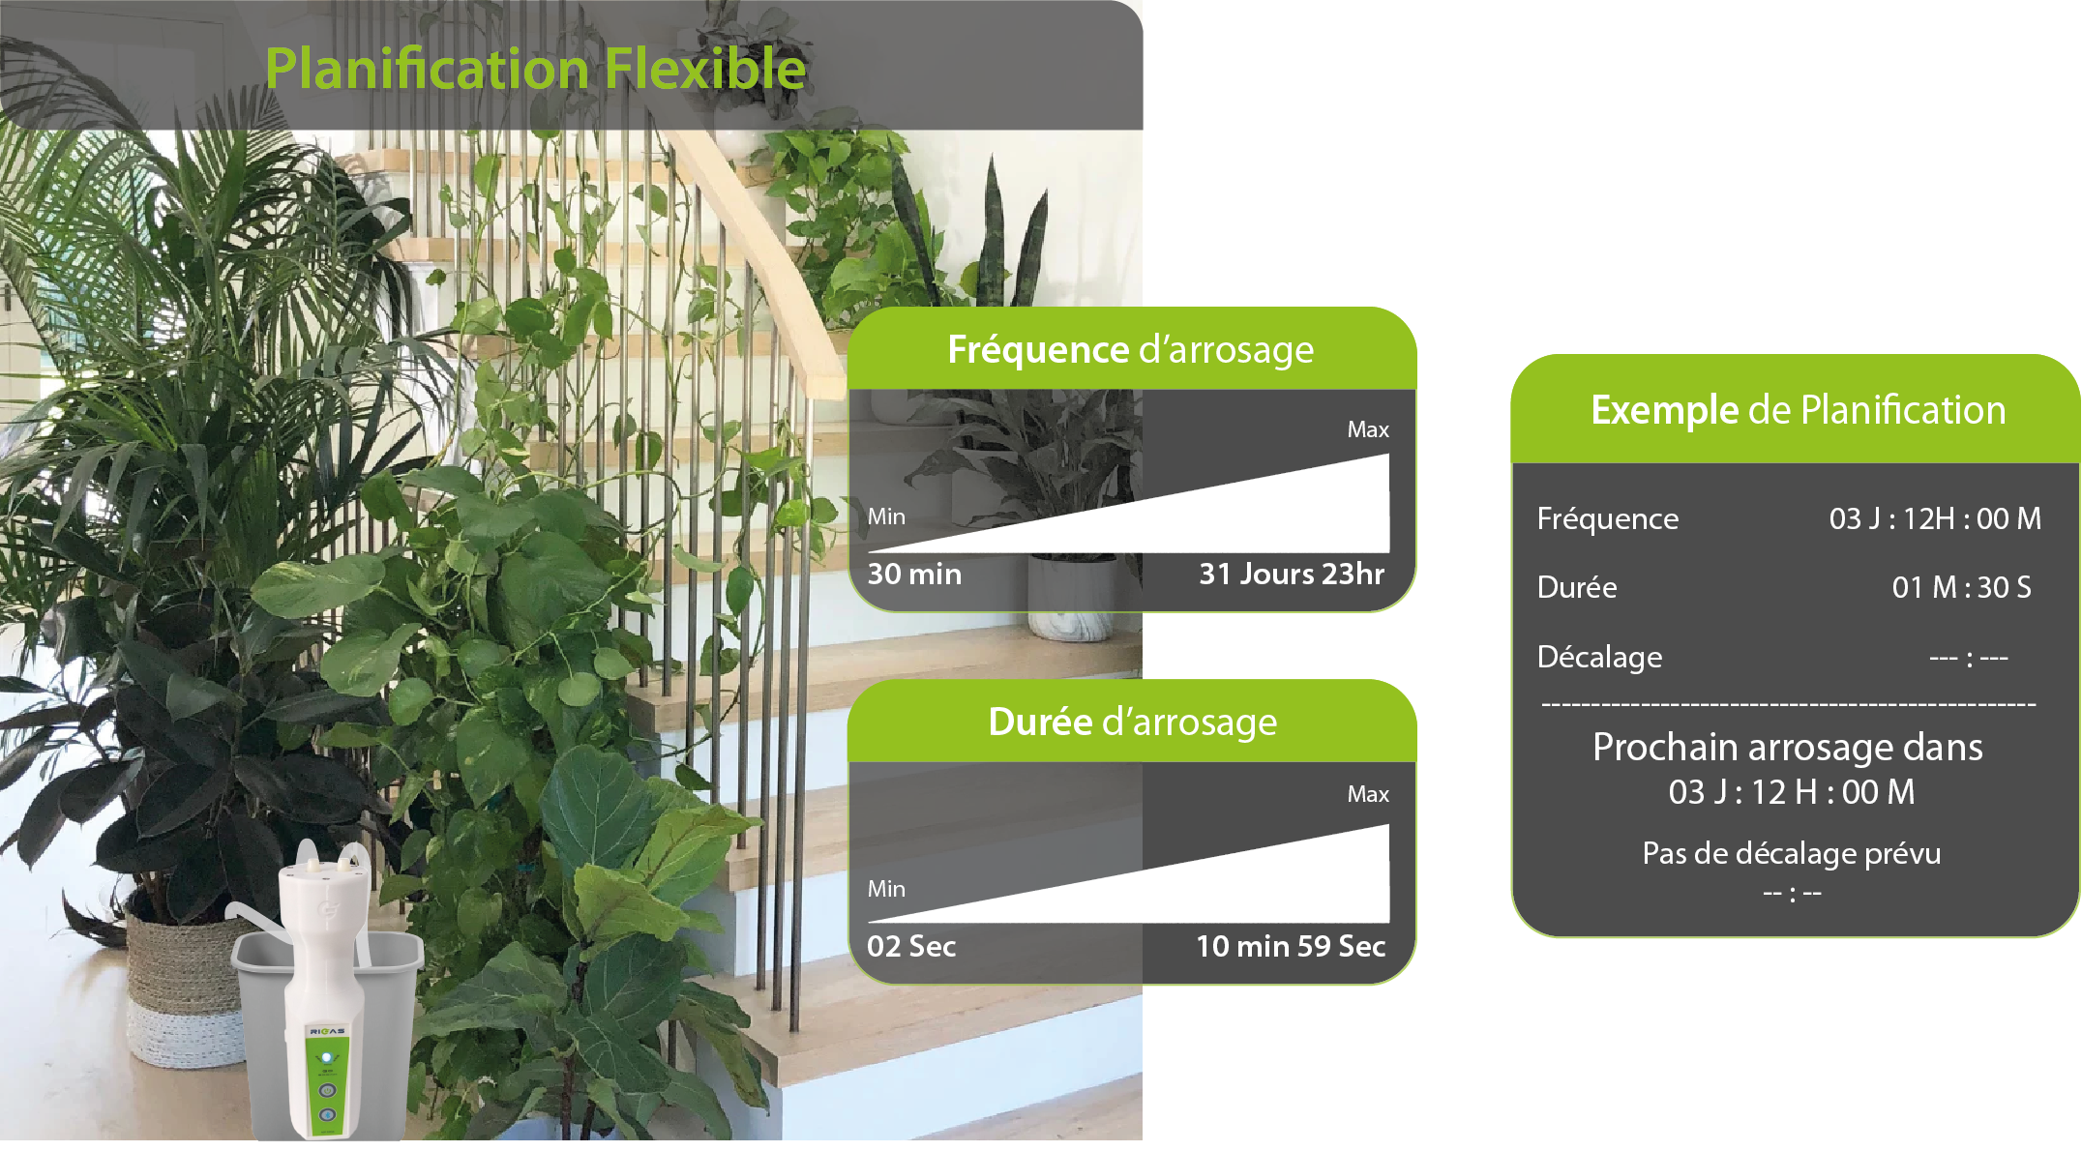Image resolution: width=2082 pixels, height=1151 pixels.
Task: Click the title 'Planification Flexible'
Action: click(x=535, y=69)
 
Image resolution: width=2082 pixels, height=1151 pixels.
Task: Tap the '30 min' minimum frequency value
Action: click(x=914, y=574)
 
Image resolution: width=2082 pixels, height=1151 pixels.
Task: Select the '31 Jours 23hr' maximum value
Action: click(x=1292, y=574)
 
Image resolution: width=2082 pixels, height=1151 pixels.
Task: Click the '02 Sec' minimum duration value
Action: click(x=911, y=946)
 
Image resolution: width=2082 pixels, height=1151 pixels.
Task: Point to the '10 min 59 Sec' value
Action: click(x=1291, y=946)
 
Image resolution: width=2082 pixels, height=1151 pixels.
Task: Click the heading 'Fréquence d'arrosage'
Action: click(x=1130, y=350)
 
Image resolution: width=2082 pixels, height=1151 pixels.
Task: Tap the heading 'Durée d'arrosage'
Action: click(x=1132, y=723)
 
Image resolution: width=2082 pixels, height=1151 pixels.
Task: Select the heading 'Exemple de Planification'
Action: click(x=1798, y=410)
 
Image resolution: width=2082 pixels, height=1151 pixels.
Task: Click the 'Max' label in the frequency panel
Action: click(x=1368, y=429)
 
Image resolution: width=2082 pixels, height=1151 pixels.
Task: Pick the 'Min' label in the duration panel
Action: click(x=886, y=889)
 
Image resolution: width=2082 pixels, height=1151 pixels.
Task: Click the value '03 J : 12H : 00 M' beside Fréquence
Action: click(x=1935, y=518)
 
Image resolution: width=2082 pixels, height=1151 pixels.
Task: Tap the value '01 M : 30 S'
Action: click(x=1961, y=587)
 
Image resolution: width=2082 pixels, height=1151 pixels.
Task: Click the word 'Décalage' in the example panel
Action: click(x=1599, y=657)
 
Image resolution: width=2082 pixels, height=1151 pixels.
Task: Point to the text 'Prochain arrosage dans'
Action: click(x=1787, y=747)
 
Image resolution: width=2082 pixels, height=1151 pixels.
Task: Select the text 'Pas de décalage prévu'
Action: click(x=1791, y=853)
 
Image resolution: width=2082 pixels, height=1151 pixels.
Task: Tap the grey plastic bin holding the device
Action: click(x=327, y=1035)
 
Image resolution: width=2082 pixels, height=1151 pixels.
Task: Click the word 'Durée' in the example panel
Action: click(x=1577, y=587)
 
